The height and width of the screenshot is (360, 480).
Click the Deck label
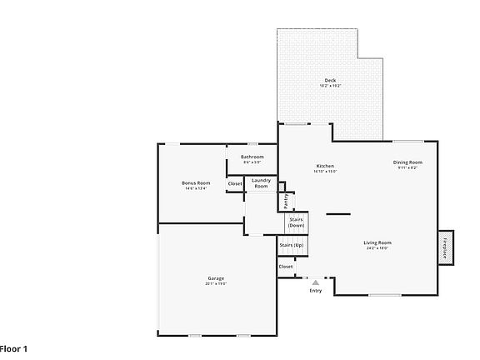[331, 81]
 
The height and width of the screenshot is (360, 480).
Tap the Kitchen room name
[324, 166]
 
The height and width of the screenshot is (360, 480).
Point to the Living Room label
[377, 242]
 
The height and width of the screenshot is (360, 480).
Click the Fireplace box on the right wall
[445, 247]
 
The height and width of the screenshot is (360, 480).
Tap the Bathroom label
[252, 157]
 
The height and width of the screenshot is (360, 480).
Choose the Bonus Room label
[196, 182]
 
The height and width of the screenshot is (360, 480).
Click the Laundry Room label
[261, 182]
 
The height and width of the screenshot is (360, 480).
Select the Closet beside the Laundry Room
[235, 183]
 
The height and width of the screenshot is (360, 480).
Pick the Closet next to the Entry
[286, 267]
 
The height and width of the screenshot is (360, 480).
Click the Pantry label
[286, 200]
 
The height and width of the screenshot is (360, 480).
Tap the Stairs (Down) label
[296, 222]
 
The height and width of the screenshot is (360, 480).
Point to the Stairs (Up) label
[291, 246]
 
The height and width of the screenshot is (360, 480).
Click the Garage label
[216, 278]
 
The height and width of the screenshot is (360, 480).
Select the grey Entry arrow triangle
[316, 283]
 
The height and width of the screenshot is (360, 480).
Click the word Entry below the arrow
[316, 291]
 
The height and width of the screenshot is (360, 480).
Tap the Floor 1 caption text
[13, 347]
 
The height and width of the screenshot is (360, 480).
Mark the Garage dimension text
[216, 284]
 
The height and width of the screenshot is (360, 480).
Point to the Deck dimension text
[331, 87]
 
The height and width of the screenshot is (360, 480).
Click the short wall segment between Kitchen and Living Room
[337, 214]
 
